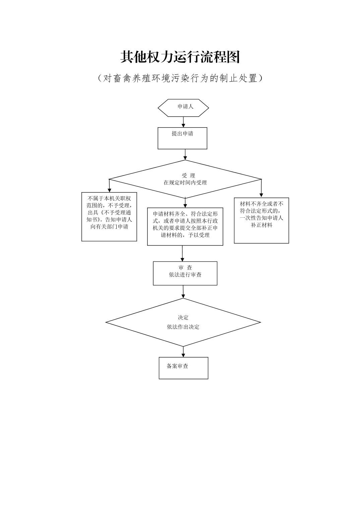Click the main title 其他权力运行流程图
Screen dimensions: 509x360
point(180,57)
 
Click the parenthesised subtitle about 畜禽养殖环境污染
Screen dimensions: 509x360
point(180,78)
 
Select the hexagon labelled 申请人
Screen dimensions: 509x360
point(183,107)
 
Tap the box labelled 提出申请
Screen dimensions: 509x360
point(182,138)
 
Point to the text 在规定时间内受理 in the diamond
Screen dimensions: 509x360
point(185,183)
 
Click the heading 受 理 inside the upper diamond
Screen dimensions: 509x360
point(188,175)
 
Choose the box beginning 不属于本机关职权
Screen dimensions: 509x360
point(109,216)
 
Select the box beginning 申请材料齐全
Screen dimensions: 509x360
point(185,226)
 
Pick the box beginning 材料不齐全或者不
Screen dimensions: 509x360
point(261,220)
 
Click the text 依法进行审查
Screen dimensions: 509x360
point(185,275)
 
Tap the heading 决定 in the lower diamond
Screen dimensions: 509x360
point(183,317)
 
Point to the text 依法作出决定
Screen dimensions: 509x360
point(183,327)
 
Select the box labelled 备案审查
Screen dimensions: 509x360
point(183,368)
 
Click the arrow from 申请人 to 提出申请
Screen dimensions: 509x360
point(183,122)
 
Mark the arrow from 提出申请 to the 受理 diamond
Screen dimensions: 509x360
point(185,154)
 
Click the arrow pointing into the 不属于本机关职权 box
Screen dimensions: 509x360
point(109,186)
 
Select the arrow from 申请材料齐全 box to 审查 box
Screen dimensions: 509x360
point(182,253)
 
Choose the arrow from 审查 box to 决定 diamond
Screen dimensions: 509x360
point(183,292)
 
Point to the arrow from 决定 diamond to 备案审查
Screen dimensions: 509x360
point(183,352)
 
